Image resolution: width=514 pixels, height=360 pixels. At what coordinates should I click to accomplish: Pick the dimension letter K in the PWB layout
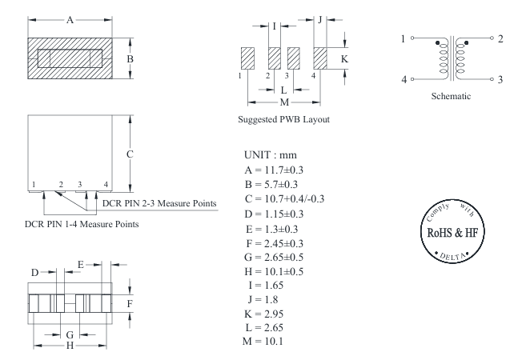(x=345, y=59)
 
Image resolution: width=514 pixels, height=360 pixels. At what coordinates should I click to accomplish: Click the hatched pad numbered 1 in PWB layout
(x=247, y=58)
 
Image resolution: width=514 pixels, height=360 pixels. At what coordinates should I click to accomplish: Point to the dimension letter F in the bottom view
(x=130, y=304)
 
